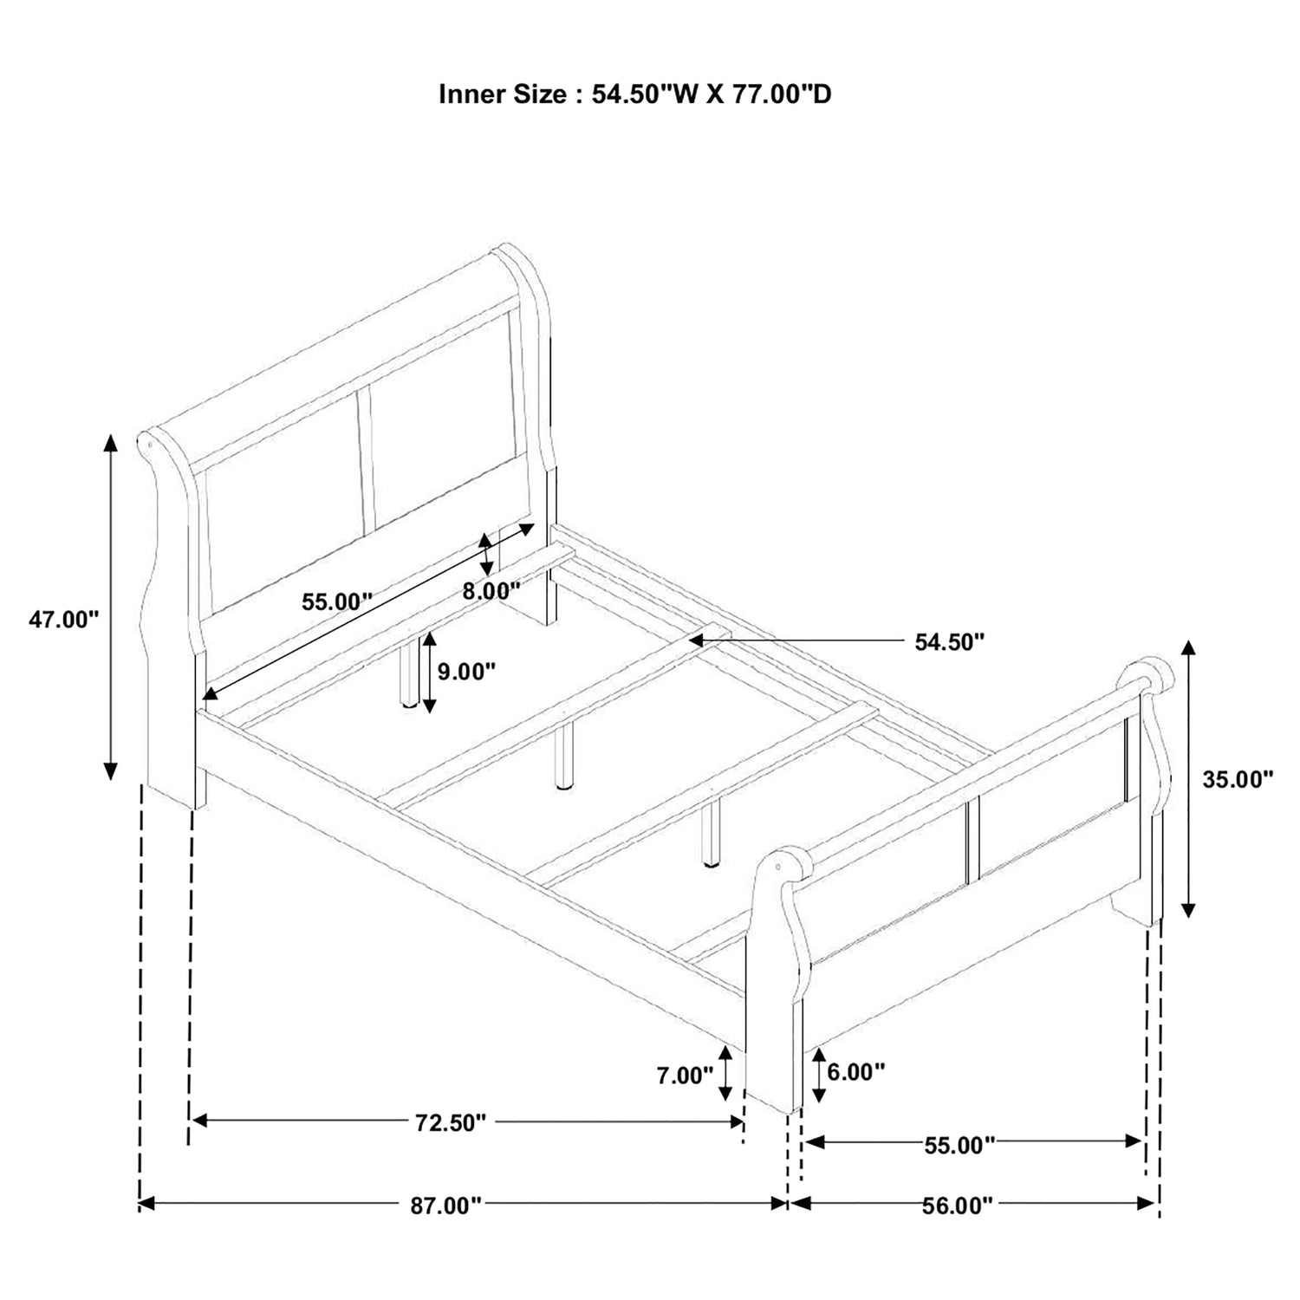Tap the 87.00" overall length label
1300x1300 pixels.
[x=445, y=1206]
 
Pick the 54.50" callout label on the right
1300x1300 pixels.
[x=950, y=642]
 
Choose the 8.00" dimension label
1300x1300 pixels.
[x=491, y=591]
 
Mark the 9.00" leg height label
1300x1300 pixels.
[x=466, y=670]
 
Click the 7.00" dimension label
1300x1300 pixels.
[x=685, y=1076]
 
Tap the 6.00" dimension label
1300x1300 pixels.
[x=856, y=1072]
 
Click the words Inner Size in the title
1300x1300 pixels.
[x=503, y=94]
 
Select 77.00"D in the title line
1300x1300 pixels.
[x=783, y=94]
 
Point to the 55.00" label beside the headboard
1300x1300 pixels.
[x=337, y=601]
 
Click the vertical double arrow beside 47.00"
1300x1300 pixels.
[x=110, y=607]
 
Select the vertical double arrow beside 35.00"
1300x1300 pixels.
[x=1189, y=779]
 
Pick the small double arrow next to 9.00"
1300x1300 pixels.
[x=429, y=673]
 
